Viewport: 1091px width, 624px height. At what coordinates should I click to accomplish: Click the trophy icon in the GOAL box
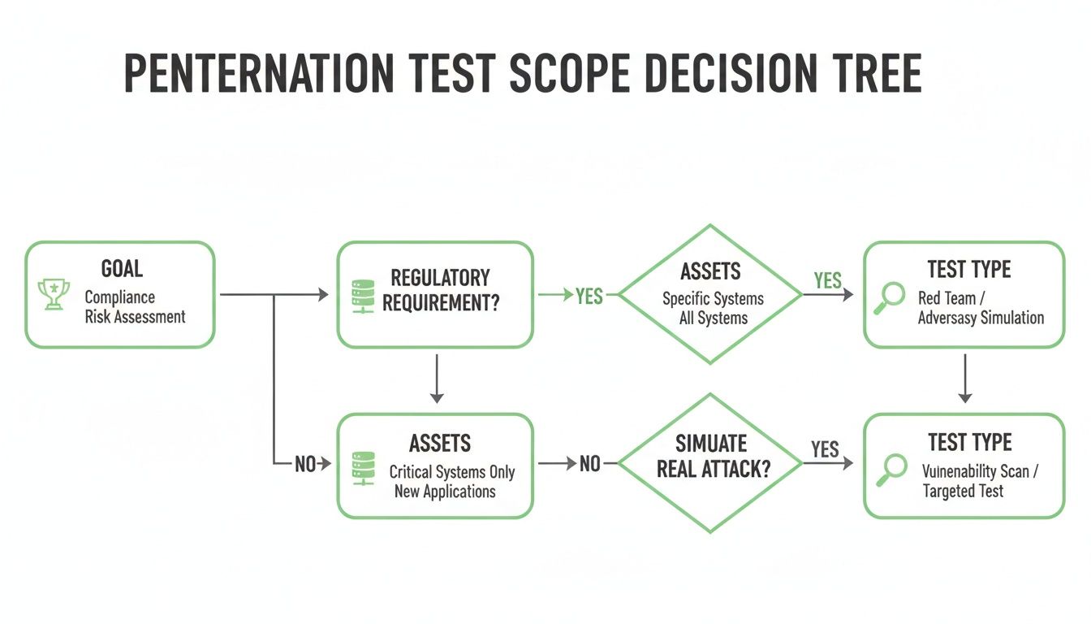click(54, 295)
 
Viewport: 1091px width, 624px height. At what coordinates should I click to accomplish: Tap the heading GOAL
click(123, 269)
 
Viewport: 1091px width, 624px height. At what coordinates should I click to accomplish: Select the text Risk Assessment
click(135, 317)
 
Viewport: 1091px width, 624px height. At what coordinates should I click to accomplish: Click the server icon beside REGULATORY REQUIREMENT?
click(360, 294)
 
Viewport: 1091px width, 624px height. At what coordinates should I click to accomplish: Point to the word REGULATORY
click(440, 278)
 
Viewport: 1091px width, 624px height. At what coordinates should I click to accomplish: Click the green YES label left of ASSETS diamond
click(589, 296)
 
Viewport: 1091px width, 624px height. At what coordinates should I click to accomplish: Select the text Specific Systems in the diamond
click(713, 298)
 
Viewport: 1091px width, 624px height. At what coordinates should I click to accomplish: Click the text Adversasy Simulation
click(981, 318)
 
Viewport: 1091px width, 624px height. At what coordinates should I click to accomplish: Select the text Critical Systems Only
click(452, 472)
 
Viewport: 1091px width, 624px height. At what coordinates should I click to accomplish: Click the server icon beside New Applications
click(360, 469)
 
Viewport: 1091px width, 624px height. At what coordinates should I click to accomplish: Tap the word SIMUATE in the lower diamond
click(711, 443)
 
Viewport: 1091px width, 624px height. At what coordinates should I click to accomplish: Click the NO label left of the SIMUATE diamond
click(590, 463)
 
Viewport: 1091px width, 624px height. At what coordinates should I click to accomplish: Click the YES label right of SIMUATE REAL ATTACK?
click(825, 449)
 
